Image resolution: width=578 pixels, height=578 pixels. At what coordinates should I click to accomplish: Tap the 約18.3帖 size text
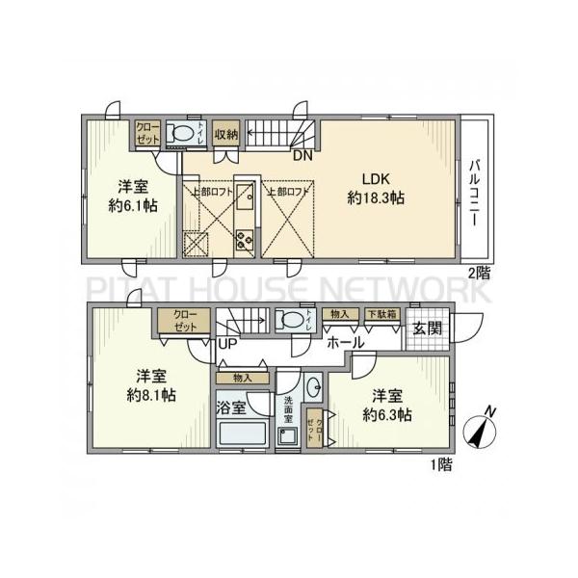click(x=375, y=197)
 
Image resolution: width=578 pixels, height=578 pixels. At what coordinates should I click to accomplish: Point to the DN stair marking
click(x=302, y=155)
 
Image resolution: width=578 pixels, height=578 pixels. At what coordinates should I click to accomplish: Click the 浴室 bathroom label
click(x=233, y=407)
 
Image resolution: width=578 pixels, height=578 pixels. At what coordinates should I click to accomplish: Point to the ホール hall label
click(x=345, y=342)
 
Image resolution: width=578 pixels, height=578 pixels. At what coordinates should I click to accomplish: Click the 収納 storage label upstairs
click(x=226, y=133)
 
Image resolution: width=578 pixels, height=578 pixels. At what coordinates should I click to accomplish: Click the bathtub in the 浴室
click(x=244, y=434)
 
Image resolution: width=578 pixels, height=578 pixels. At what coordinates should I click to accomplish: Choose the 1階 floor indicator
click(x=438, y=462)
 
